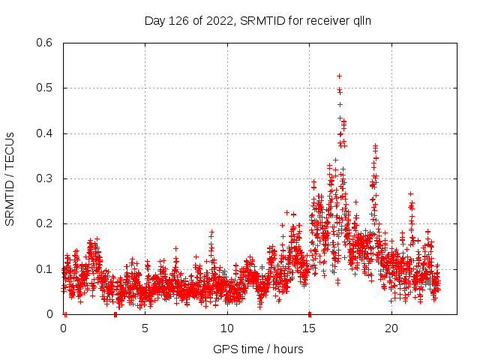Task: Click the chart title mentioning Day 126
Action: (257, 20)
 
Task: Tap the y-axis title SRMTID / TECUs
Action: (10, 178)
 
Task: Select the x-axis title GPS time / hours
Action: (258, 349)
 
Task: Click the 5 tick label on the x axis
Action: (145, 328)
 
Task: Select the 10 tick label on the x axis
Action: (227, 328)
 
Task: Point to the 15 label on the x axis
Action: (310, 328)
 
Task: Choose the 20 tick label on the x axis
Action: (391, 328)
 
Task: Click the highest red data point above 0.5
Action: (339, 76)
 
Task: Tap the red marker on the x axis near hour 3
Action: (115, 313)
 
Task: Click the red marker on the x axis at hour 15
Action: (310, 313)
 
